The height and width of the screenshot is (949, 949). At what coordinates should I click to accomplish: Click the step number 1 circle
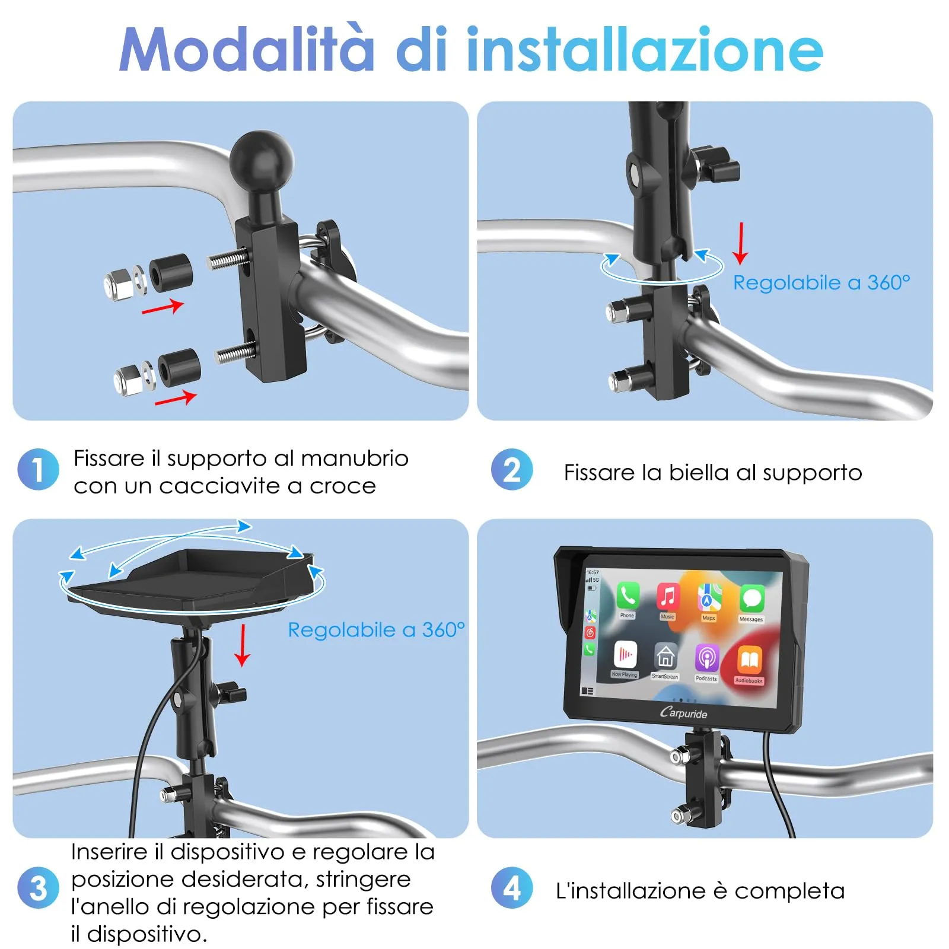[39, 470]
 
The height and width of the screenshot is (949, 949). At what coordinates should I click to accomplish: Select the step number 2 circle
[512, 470]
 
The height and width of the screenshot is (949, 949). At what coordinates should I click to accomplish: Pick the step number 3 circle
[39, 888]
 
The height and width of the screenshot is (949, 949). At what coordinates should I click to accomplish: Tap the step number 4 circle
[512, 888]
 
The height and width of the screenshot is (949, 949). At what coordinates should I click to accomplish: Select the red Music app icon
[668, 596]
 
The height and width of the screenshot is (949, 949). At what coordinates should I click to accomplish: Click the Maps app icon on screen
[709, 598]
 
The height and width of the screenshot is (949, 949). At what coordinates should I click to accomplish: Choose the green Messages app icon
[752, 599]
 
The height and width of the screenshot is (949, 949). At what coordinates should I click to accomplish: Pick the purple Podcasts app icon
[706, 657]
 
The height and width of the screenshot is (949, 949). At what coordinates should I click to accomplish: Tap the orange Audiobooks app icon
[749, 660]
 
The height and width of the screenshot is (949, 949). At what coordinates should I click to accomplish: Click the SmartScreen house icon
[665, 656]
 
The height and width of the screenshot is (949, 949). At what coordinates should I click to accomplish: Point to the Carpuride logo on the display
[683, 712]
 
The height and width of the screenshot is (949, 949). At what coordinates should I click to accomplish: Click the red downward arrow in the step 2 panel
[740, 243]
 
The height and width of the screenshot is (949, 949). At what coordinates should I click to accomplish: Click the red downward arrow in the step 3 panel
[242, 645]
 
